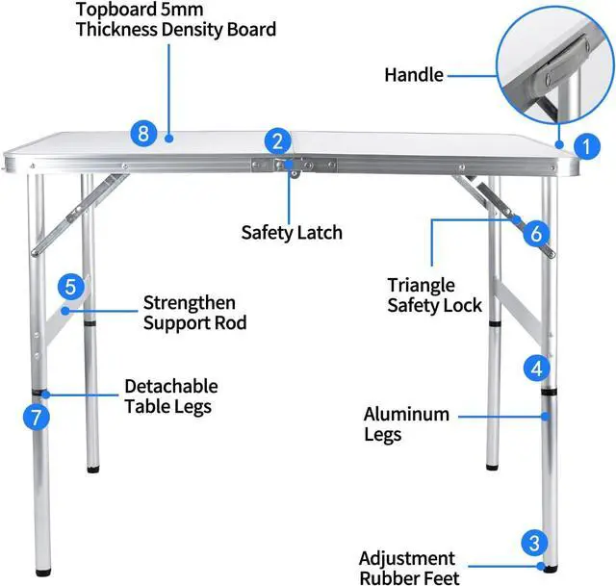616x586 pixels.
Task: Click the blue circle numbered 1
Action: [x=583, y=146]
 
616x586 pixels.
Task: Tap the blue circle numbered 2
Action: [x=277, y=141]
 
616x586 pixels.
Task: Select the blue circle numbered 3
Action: [x=535, y=542]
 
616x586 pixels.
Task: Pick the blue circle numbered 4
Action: [x=537, y=367]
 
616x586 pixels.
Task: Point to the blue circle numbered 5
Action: [x=69, y=287]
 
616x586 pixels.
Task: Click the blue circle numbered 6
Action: [x=537, y=232]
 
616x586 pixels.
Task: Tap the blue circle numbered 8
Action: [x=143, y=133]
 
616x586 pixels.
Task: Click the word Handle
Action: [x=414, y=74]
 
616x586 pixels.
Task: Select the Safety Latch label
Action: [x=292, y=232]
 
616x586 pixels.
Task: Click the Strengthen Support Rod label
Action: [x=194, y=313]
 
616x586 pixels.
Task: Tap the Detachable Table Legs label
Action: [x=170, y=395]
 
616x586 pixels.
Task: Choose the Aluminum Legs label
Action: [x=406, y=424]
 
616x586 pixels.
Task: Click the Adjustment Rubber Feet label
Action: [x=407, y=568]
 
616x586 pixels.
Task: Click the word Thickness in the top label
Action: [x=114, y=30]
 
